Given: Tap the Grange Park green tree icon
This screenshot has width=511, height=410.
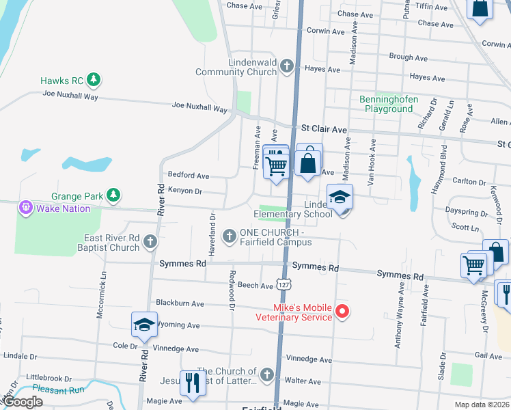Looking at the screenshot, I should [x=113, y=196].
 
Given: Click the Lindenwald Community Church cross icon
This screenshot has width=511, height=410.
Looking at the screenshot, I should [x=287, y=66].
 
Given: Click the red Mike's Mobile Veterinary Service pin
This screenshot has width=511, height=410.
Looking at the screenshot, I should [x=342, y=312].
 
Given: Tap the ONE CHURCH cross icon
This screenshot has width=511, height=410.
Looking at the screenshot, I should [x=230, y=236].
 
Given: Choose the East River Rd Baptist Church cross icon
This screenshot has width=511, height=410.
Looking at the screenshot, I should [x=150, y=242].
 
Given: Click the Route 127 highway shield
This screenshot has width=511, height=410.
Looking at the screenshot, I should [x=283, y=283].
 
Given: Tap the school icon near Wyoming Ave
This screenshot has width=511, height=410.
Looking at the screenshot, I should [x=144, y=325].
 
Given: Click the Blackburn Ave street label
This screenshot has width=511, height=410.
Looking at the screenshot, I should [x=180, y=303].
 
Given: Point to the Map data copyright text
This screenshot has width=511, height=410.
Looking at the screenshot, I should [x=482, y=405].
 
